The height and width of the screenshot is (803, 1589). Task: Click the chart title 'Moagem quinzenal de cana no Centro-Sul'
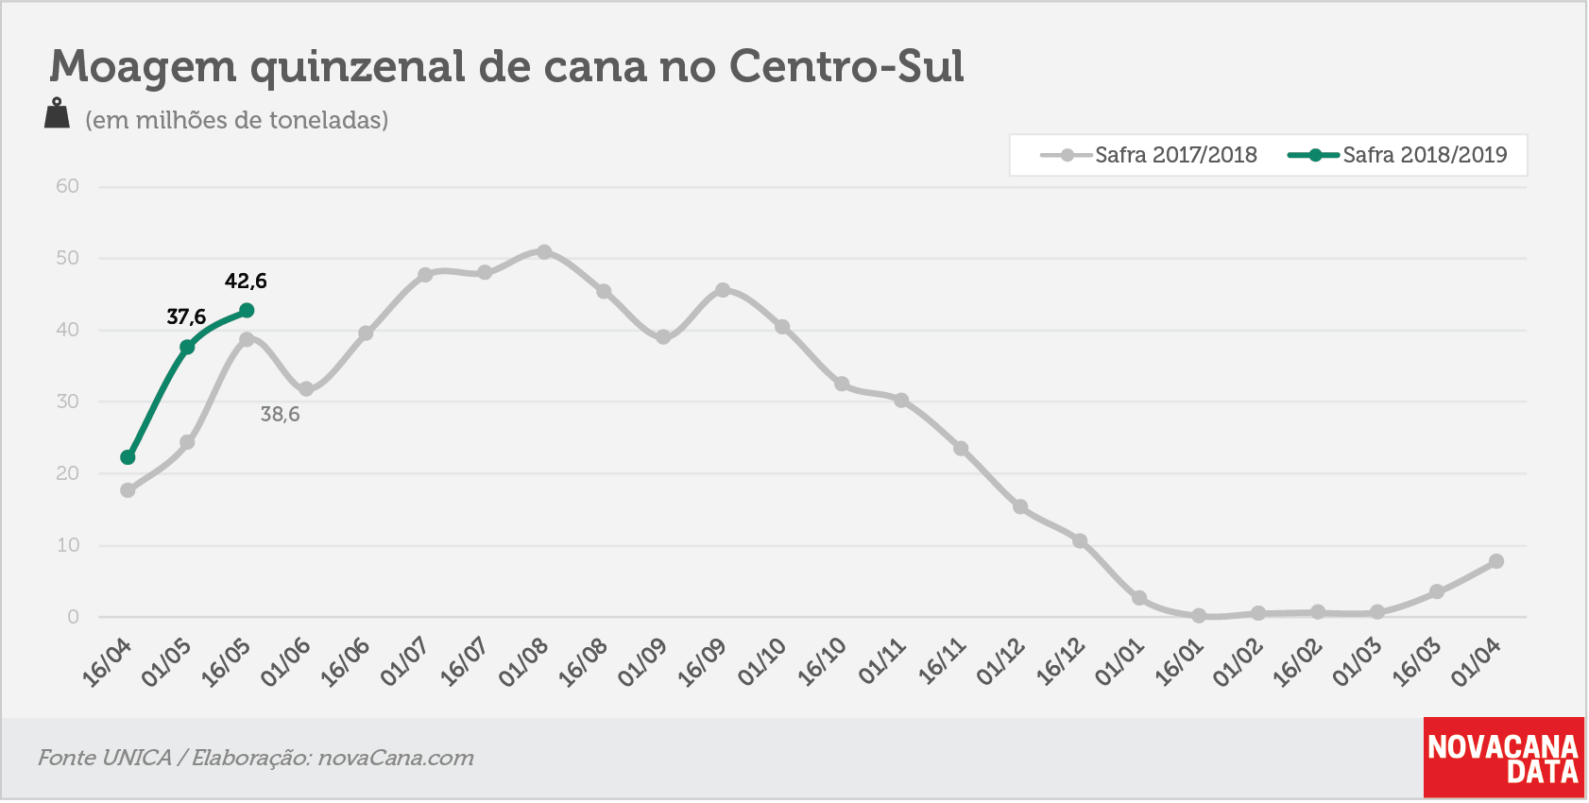[505, 67]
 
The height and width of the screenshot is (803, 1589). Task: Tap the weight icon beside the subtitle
[57, 113]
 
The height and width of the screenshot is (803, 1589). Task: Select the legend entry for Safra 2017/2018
[1149, 155]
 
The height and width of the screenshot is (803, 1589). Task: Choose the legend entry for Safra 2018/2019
[1397, 155]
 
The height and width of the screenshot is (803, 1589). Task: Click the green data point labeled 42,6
[247, 311]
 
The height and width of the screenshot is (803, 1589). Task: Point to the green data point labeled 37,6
[187, 347]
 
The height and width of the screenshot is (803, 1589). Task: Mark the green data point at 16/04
[128, 457]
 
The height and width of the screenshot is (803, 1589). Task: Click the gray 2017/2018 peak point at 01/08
[544, 252]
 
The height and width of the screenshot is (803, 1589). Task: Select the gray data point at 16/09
[723, 289]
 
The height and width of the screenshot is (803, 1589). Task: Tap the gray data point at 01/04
[1496, 561]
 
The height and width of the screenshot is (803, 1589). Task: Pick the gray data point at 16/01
[1199, 616]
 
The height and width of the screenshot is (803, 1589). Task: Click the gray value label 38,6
[281, 415]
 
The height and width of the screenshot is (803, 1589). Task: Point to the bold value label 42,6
[246, 282]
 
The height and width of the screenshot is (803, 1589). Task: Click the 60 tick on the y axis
[67, 186]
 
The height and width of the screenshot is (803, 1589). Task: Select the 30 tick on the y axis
[67, 401]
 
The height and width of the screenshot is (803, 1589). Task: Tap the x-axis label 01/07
[405, 662]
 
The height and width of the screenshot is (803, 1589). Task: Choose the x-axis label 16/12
[1061, 662]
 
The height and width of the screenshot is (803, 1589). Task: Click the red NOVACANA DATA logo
[1503, 758]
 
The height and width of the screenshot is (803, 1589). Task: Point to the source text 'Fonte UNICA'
[104, 758]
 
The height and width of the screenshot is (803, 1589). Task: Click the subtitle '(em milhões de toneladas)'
[237, 121]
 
